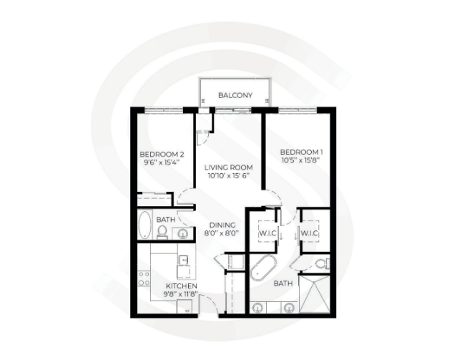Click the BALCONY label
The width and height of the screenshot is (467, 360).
(x=235, y=94)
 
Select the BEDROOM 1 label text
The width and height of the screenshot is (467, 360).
(x=301, y=152)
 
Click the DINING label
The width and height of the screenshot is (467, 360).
(x=222, y=225)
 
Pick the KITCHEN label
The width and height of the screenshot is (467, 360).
(x=161, y=286)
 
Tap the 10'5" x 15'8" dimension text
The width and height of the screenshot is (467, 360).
(x=301, y=160)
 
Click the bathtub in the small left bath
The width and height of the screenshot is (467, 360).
(x=144, y=225)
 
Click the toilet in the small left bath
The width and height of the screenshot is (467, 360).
(x=162, y=231)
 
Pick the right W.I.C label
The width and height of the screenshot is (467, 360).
(x=309, y=233)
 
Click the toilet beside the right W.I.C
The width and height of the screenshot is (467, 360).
(x=321, y=263)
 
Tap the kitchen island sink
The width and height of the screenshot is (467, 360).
(x=183, y=260)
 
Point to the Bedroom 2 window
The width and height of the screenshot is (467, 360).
(x=163, y=110)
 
